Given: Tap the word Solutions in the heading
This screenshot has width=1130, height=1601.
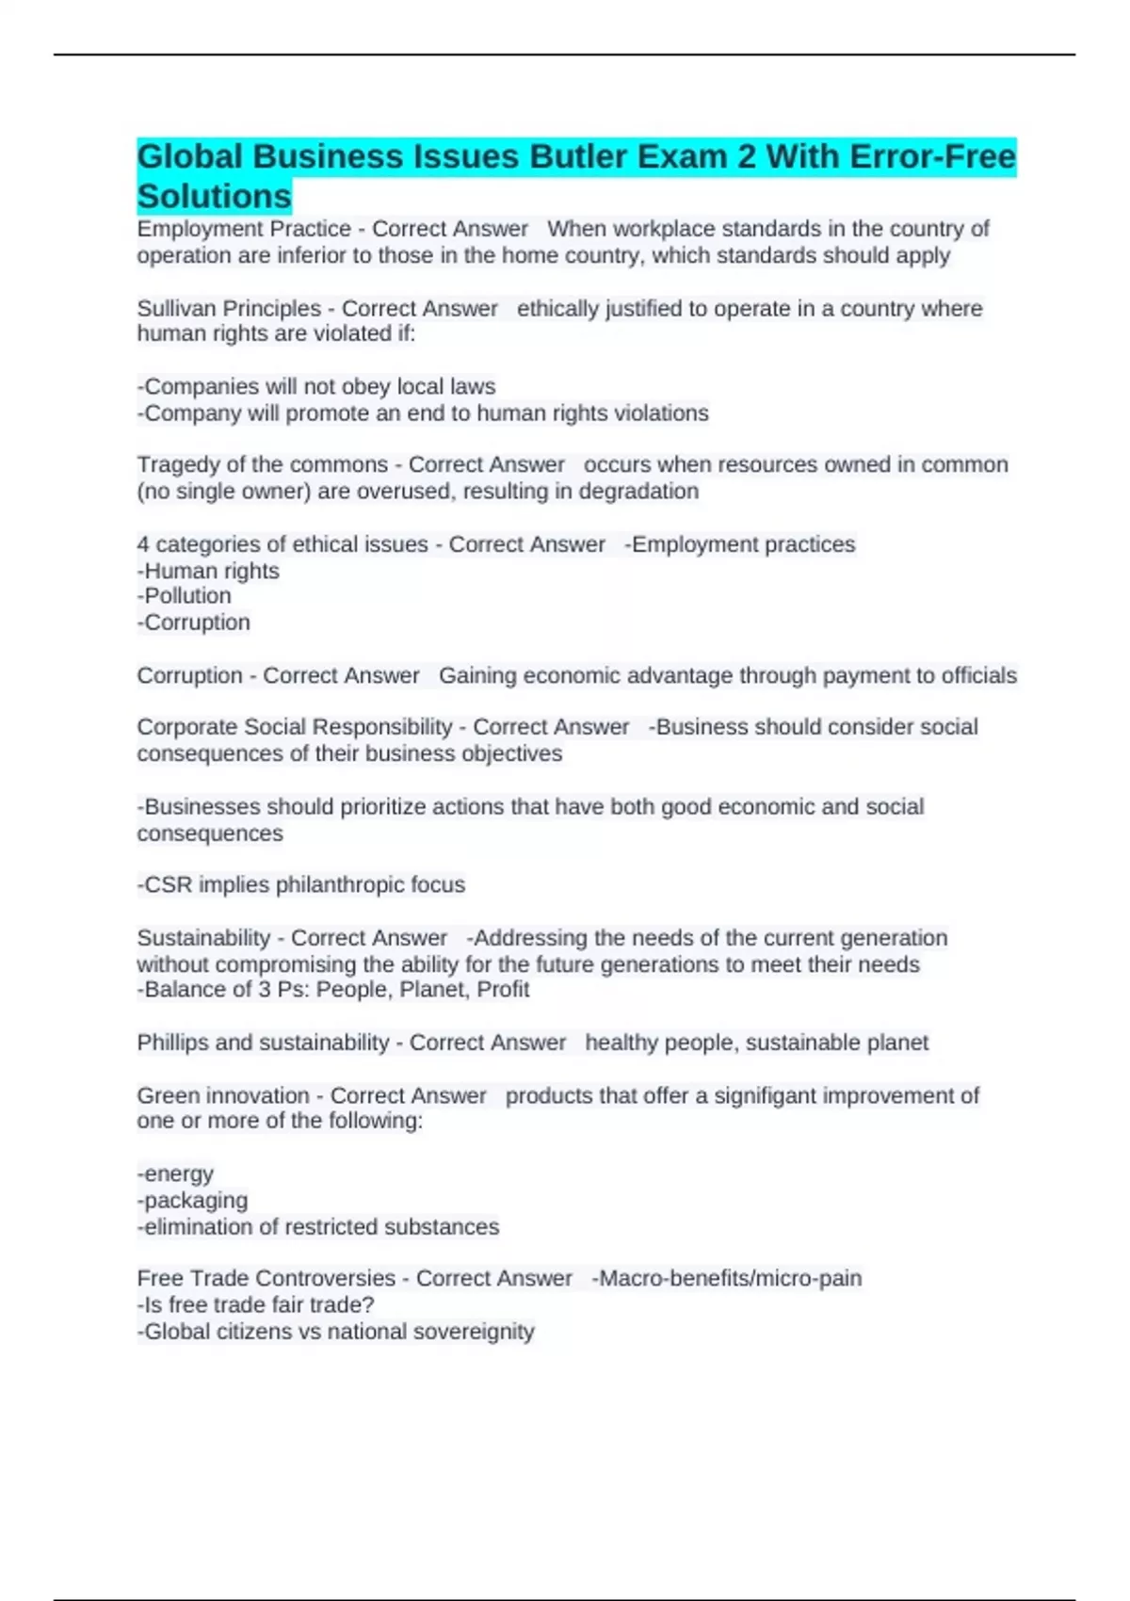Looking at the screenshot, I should point(215,196).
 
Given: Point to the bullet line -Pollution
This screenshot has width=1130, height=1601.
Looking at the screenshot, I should point(185,596).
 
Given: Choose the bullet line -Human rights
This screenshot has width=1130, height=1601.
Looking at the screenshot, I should point(208,571).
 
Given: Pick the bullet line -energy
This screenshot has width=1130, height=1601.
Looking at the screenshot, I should point(175,1174).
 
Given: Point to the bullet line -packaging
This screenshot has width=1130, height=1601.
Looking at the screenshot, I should point(193,1201).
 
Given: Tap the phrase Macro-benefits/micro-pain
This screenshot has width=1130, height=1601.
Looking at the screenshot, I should point(727,1278).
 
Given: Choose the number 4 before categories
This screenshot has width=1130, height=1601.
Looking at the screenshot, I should point(143,544).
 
